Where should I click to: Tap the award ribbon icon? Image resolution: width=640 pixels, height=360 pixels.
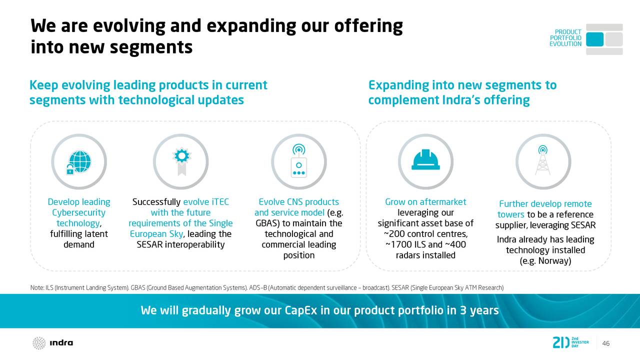tap(181, 161)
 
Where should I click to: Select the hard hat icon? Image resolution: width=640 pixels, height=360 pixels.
tap(425, 159)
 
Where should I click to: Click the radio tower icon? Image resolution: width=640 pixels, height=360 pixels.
tap(542, 160)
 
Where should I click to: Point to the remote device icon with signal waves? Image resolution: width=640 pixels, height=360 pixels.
tap(299, 161)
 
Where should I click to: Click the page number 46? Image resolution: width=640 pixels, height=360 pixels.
tap(605, 343)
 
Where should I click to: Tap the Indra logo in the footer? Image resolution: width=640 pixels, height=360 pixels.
tap(53, 343)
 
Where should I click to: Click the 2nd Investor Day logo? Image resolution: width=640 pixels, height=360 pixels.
tap(570, 342)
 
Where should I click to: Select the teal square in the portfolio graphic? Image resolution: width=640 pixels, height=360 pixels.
tap(594, 39)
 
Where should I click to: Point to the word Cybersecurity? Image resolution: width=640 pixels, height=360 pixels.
tap(78, 212)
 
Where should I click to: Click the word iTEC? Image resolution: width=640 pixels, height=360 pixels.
tap(220, 202)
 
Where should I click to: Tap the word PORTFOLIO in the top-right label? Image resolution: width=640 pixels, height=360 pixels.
tap(565, 38)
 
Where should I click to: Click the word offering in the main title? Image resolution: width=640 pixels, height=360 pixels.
tap(368, 26)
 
